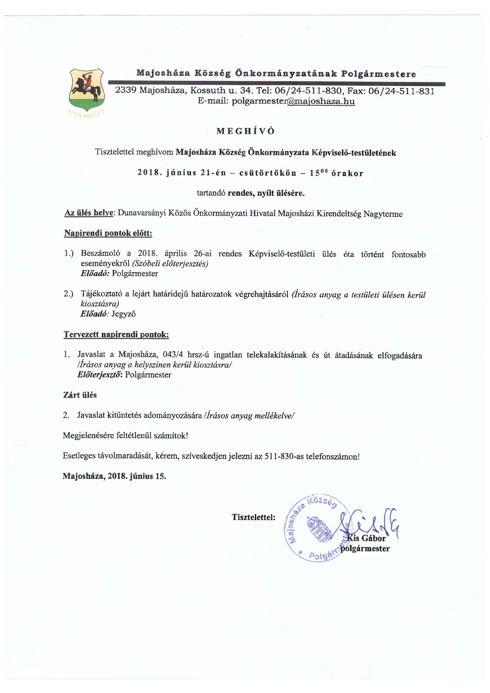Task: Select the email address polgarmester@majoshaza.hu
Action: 293,101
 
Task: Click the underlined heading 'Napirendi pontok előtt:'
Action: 108,233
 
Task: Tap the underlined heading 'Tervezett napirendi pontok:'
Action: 116,335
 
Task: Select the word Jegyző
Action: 124,314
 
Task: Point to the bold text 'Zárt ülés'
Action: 80,395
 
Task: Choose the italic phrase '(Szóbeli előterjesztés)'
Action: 170,264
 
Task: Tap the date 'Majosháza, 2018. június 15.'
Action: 114,476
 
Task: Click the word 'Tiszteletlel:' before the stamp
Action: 253,517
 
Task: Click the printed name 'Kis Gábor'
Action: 366,538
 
